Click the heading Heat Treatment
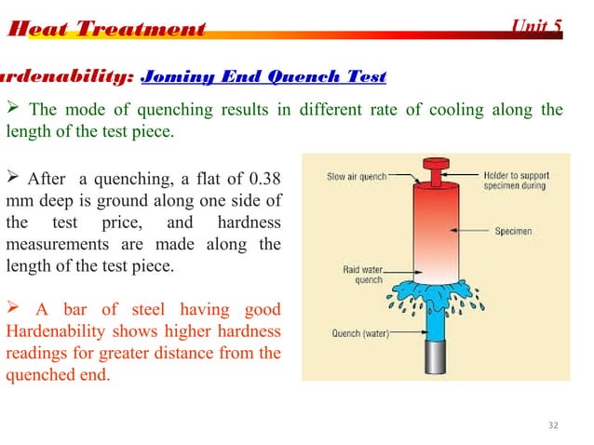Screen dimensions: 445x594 click(x=105, y=29)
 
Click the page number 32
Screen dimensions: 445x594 click(x=554, y=425)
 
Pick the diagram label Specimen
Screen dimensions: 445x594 click(x=513, y=231)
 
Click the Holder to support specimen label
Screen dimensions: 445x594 click(x=520, y=180)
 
